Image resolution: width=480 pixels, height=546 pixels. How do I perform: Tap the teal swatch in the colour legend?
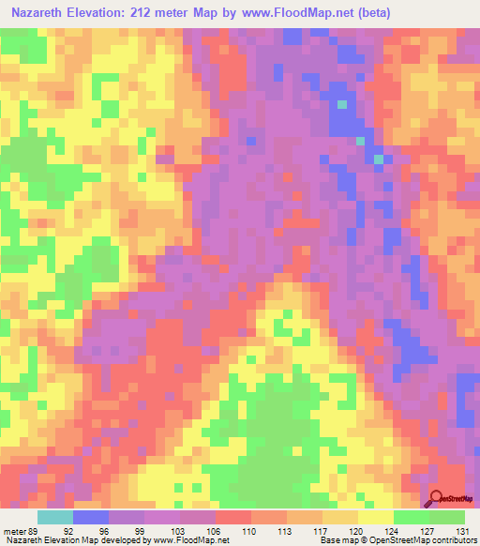coord(54,517)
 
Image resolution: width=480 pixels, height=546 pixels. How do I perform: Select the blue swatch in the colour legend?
coord(90,517)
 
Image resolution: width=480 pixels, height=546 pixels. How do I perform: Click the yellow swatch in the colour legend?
coord(375,517)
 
